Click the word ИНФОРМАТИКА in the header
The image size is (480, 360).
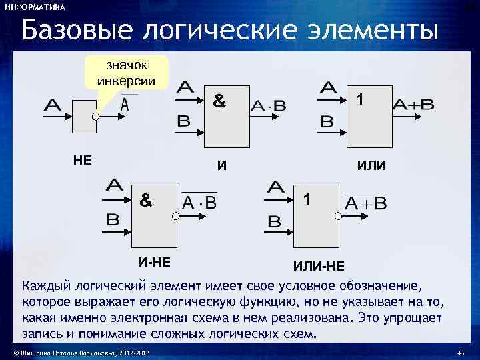35,7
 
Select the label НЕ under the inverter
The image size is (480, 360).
82,160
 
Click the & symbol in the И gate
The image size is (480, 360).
219,102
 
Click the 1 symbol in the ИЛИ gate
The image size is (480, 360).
360,99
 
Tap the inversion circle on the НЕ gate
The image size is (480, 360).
96,116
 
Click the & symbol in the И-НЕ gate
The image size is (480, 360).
145,198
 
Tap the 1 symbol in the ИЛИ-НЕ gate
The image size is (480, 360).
306,199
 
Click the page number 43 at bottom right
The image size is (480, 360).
458,351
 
